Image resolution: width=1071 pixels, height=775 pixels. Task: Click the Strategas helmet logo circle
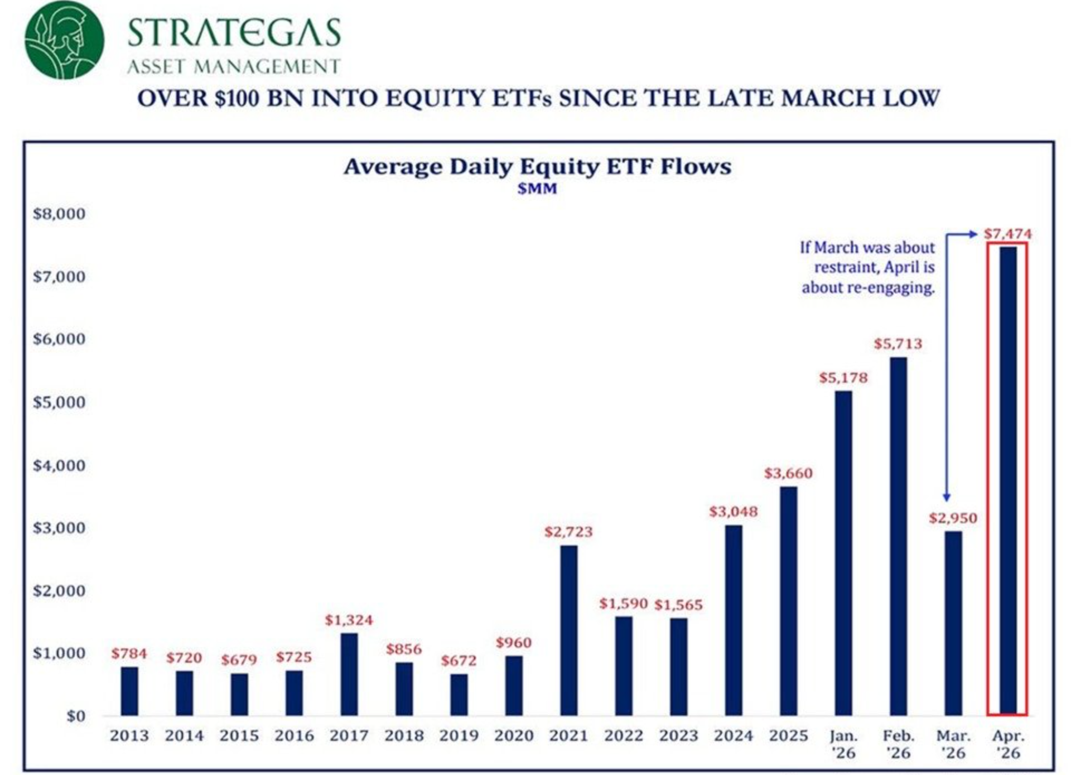(64, 40)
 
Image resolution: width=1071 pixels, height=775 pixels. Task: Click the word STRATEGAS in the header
(234, 32)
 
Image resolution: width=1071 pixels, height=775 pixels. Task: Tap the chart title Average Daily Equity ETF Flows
(537, 166)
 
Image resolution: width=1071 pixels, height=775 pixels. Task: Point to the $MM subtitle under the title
(537, 189)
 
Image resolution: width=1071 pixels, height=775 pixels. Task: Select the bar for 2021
(568, 630)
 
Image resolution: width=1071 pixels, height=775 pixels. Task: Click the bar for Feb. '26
(898, 536)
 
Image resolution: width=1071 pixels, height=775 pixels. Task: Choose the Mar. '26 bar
(953, 623)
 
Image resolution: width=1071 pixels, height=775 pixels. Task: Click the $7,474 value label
(1007, 234)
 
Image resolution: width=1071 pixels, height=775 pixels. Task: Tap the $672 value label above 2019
(459, 661)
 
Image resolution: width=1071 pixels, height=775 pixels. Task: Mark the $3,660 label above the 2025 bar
(788, 473)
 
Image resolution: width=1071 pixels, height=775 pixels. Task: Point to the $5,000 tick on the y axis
(59, 402)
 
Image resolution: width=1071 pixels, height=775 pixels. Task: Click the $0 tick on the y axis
(75, 716)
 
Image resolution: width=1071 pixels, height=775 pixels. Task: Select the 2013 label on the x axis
(129, 736)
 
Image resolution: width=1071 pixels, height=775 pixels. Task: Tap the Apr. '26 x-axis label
(1007, 744)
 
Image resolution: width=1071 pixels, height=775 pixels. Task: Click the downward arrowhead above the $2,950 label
(947, 497)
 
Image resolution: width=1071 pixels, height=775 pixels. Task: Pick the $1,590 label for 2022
(623, 603)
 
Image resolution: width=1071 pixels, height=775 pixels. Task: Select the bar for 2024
(734, 620)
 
